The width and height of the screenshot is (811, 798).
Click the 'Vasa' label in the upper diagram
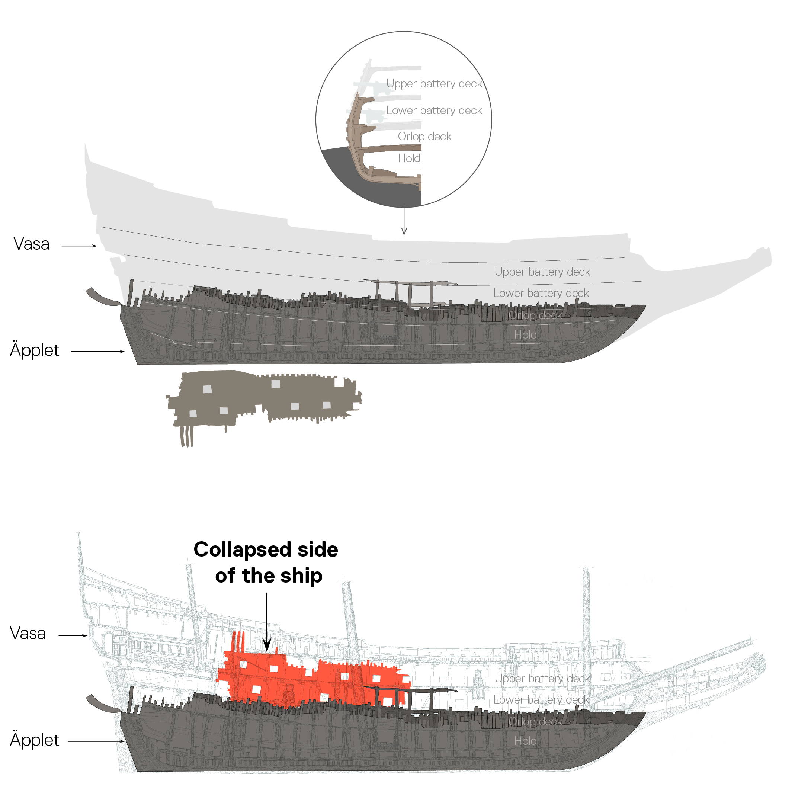[x=31, y=244]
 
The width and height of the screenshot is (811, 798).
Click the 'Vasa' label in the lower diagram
[x=28, y=633]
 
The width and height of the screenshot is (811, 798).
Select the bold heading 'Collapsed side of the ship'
[x=266, y=562]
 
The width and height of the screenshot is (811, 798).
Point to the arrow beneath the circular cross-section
[x=404, y=220]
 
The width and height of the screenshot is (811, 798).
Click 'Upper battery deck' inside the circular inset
[x=434, y=83]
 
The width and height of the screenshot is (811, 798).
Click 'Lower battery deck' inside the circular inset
[x=434, y=110]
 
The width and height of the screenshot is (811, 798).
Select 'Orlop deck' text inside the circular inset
[x=424, y=136]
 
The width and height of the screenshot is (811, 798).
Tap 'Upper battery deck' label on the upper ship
[x=542, y=272]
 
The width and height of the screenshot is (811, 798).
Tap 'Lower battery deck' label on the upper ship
[x=541, y=292]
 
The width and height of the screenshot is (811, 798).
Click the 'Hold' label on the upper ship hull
[x=525, y=334]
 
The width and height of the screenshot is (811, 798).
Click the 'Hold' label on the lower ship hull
[x=525, y=741]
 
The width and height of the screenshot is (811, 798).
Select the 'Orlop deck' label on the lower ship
[x=535, y=721]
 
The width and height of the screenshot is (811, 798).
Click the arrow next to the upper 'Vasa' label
[x=79, y=246]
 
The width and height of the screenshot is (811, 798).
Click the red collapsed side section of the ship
[x=294, y=675]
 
